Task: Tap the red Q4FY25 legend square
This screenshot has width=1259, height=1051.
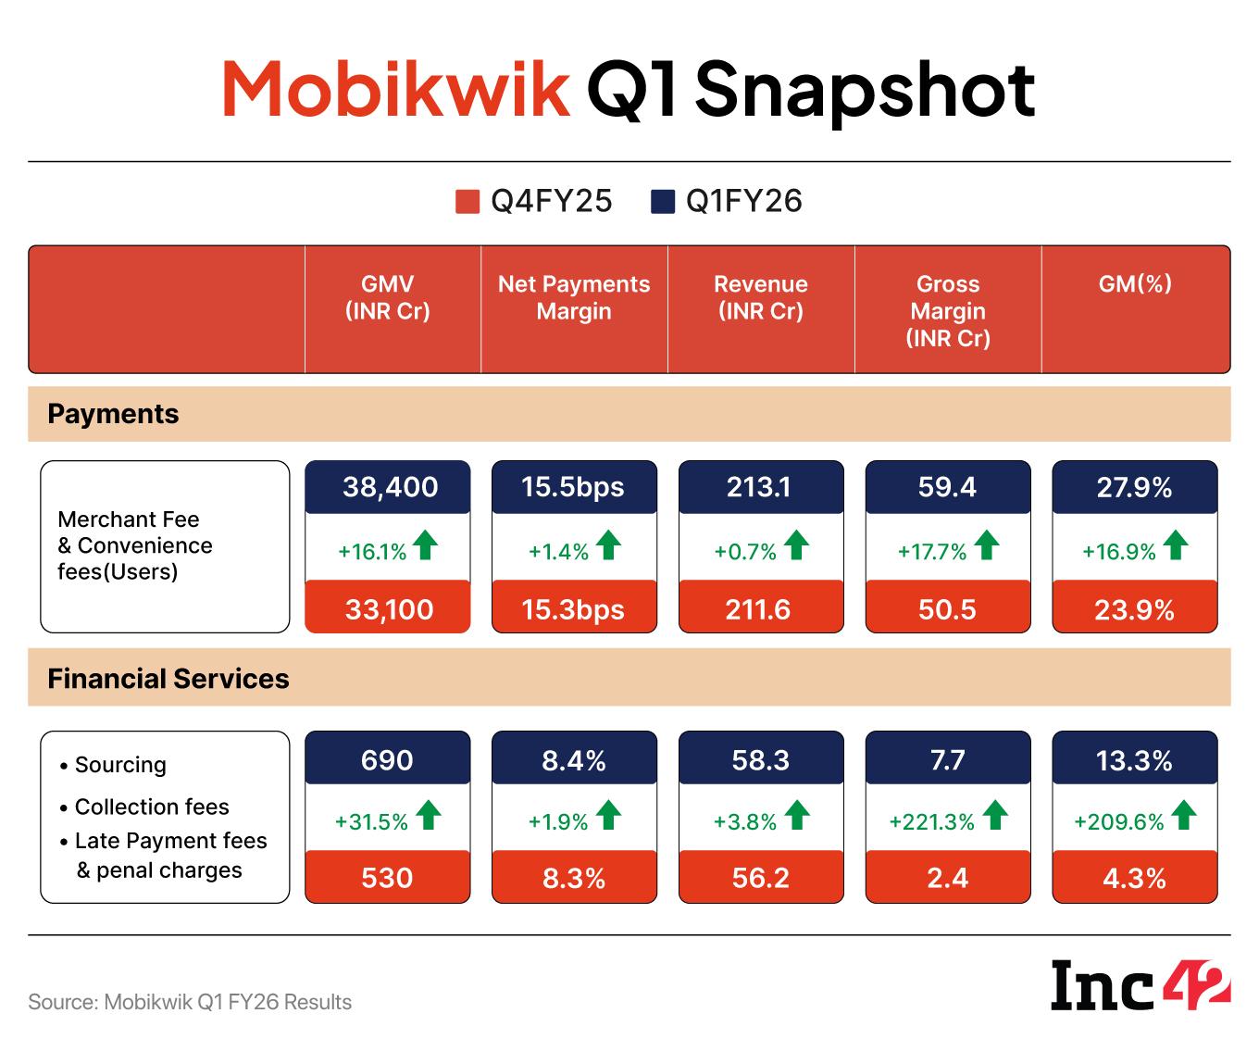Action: pos(467,202)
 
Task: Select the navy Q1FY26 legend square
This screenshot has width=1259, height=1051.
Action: pos(662,202)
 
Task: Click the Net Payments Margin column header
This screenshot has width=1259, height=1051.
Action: pos(574,297)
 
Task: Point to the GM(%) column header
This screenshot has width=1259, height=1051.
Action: pos(1135,284)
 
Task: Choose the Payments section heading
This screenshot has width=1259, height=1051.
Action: pos(113,414)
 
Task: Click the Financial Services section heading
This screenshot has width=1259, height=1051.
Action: pos(168,679)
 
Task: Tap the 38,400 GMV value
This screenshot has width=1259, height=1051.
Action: pos(390,487)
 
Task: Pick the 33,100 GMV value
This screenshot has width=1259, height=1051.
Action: pos(389,609)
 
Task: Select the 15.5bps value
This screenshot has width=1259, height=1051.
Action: pos(573,487)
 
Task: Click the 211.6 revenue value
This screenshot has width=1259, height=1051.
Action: pos(758,609)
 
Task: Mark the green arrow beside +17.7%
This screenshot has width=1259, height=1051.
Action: pos(987,545)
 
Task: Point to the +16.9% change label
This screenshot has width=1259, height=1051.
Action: pos(1119,552)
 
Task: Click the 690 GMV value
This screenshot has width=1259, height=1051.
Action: pos(387,760)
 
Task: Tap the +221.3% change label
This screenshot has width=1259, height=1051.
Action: pos(932,822)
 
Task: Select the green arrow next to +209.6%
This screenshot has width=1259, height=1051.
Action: pos(1183,816)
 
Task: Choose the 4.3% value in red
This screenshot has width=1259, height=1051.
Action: pos(1134,878)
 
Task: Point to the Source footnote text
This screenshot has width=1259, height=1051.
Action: pos(190,1002)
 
